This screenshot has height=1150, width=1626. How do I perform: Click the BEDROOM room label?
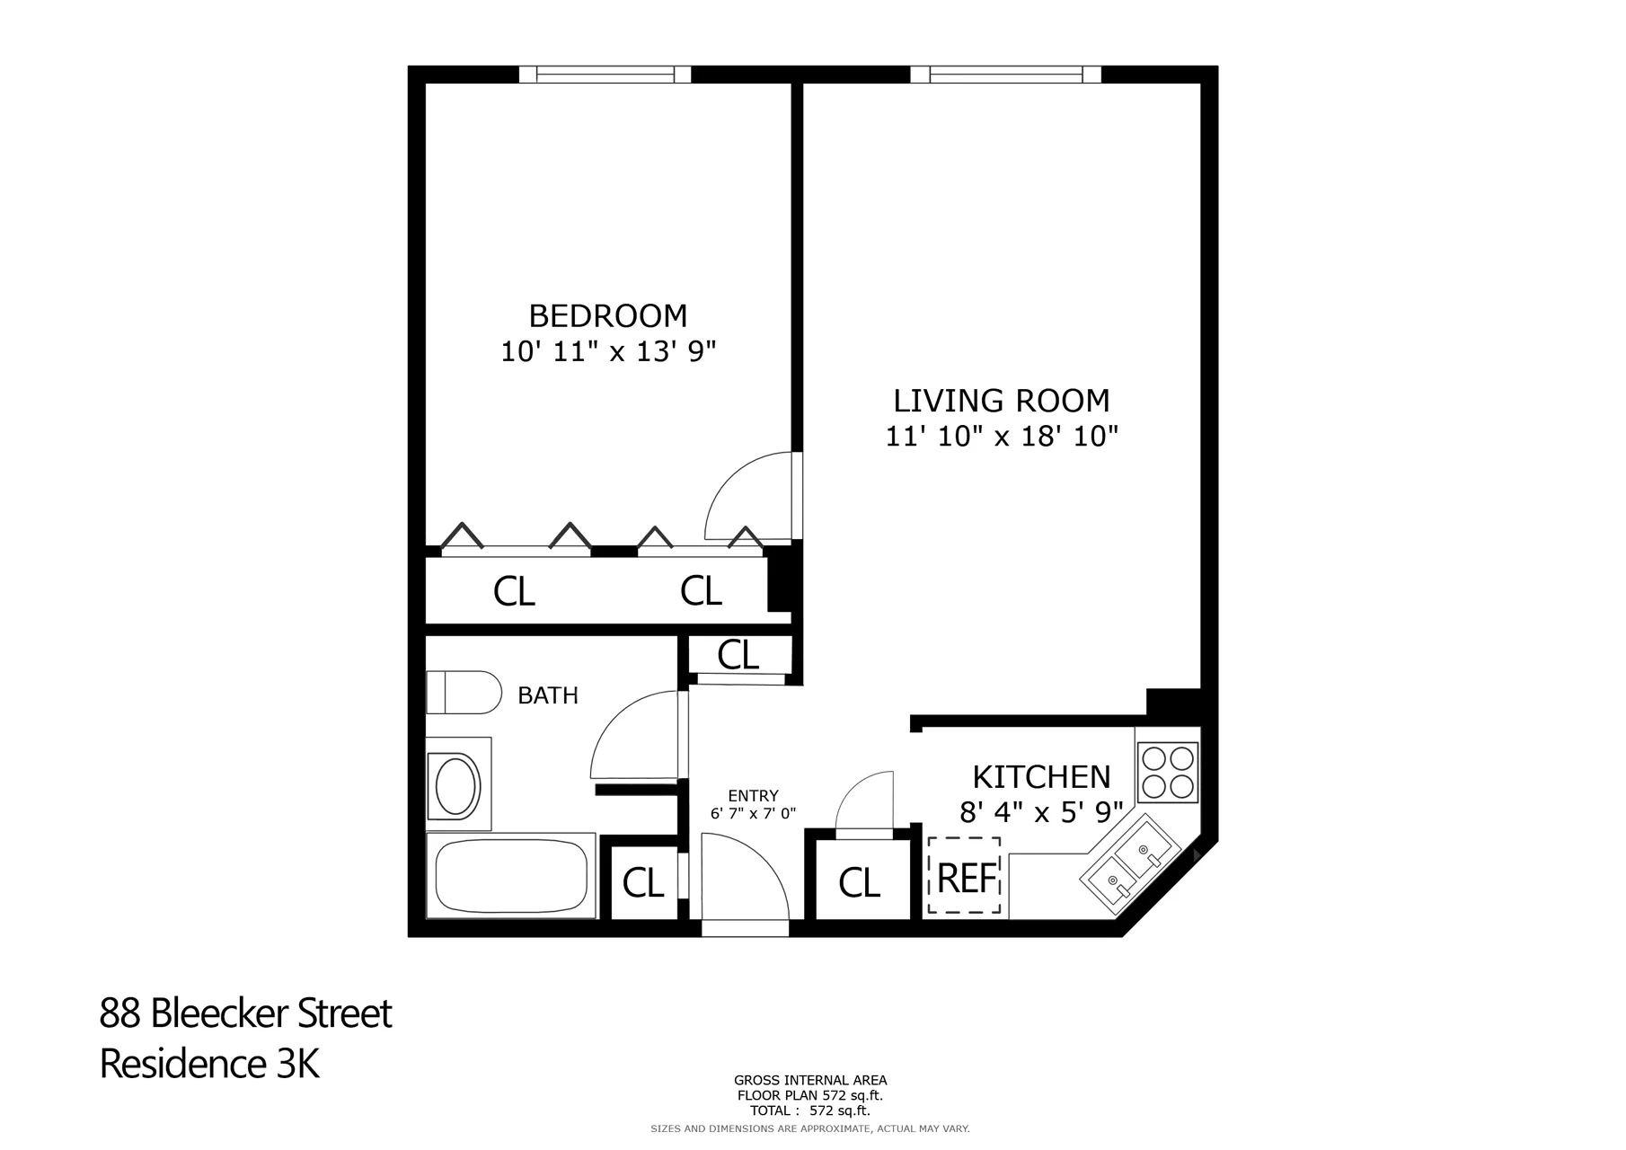607,316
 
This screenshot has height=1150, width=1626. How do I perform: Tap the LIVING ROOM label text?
1001,401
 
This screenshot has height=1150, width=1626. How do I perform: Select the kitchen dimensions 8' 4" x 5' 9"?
1041,813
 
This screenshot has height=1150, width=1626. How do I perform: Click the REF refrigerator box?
965,877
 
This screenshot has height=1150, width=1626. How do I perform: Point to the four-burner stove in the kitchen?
1167,772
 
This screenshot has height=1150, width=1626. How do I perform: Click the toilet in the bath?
463,693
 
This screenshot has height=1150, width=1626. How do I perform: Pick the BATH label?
548,695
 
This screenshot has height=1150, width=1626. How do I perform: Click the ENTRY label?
753,796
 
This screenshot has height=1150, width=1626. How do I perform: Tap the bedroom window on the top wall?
605,75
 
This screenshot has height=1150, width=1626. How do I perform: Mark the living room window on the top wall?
1005,75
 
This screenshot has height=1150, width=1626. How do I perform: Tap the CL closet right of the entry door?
859,883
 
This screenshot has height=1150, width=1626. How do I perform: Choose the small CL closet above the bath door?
738,655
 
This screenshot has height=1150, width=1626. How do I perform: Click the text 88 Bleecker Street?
245,1013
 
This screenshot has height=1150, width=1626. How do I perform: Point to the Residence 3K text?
209,1064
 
